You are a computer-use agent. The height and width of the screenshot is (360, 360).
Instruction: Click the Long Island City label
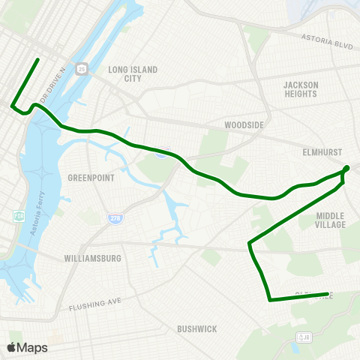133,73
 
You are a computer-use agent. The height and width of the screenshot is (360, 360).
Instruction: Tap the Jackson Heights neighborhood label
301,89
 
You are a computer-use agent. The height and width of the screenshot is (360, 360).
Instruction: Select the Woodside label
241,125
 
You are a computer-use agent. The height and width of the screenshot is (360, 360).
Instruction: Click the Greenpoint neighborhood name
89,178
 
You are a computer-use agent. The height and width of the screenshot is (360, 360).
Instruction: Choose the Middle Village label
331,220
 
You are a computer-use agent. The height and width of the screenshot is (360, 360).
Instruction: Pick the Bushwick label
197,328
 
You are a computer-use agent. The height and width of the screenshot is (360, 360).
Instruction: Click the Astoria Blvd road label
326,40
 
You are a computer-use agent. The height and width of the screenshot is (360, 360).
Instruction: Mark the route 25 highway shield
82,69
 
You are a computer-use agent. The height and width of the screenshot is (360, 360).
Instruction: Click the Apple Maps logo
27,347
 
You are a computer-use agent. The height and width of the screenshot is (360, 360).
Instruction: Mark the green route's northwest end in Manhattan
38,58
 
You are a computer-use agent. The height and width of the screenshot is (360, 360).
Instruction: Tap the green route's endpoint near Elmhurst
346,168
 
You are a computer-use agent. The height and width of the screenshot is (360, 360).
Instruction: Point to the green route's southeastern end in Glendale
328,294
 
